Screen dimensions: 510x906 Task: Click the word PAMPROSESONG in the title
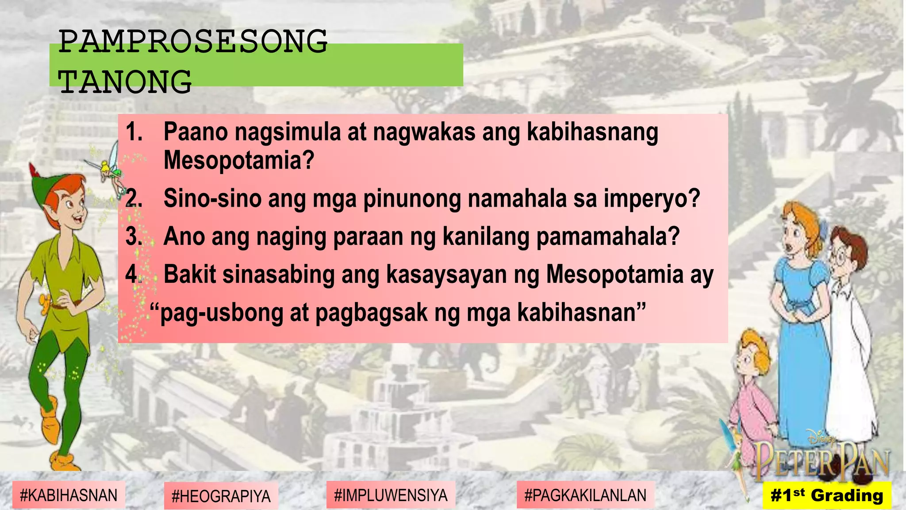193,42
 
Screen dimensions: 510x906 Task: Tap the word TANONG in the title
125,82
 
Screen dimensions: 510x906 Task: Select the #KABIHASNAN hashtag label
69,495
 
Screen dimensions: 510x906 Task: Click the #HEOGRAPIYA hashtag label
221,496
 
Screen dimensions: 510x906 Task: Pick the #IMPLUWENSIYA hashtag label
391,495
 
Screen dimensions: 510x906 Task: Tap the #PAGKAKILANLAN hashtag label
585,495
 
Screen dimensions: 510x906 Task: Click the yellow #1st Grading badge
826,495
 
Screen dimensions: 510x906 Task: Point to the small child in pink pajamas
752,390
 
